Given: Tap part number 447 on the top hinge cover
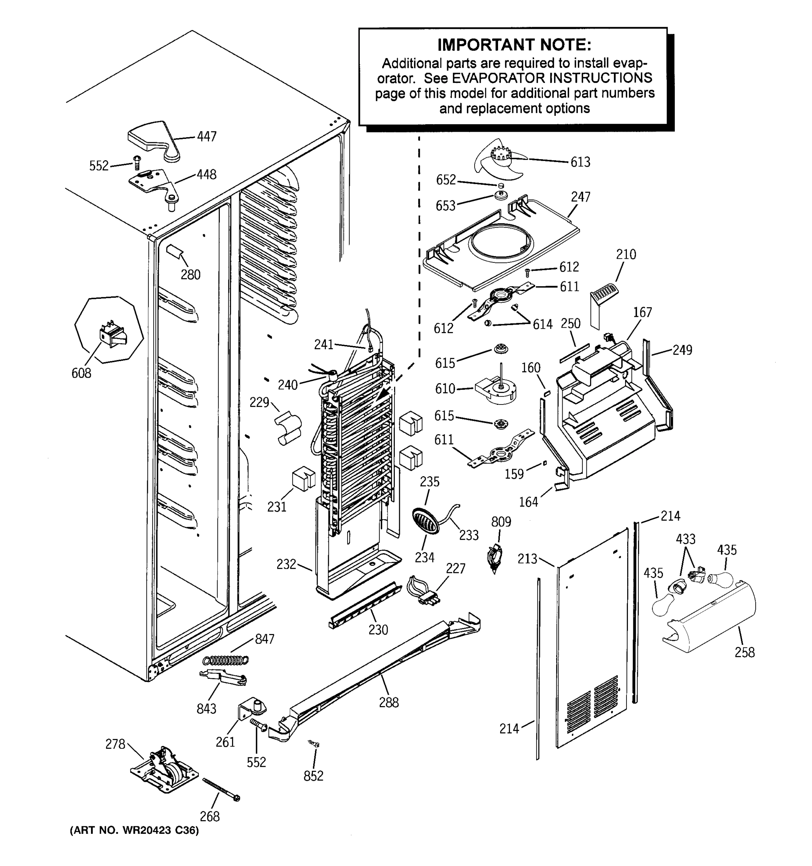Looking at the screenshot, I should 206,137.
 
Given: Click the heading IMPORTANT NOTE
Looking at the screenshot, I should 514,45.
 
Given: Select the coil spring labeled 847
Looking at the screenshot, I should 227,661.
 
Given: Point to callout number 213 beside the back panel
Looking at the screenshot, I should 527,559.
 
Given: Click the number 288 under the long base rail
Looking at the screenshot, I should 389,702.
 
